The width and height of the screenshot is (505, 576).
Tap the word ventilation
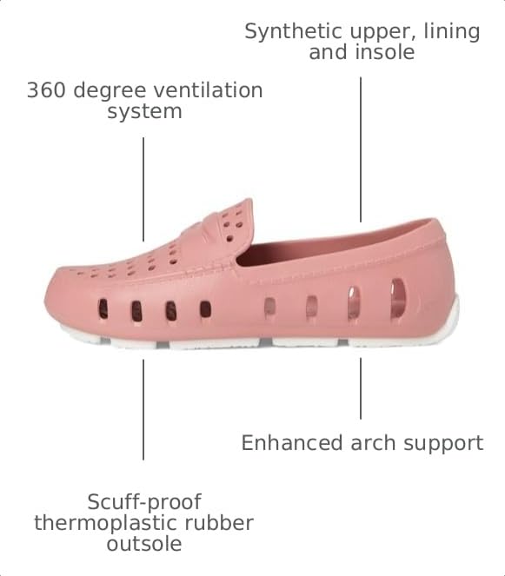(209, 90)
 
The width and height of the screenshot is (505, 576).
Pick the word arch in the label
(374, 443)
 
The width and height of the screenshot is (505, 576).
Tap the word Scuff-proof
(144, 502)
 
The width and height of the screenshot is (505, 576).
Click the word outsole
(144, 544)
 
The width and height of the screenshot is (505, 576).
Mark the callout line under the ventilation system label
(143, 189)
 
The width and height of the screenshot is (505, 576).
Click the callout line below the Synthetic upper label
(361, 149)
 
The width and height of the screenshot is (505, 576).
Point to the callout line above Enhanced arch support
(361, 388)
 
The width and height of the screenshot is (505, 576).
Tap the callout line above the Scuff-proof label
(143, 409)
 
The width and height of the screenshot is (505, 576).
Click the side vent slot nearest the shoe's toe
(103, 308)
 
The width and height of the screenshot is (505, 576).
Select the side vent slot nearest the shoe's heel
(398, 296)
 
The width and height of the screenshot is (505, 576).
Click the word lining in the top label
(452, 32)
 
